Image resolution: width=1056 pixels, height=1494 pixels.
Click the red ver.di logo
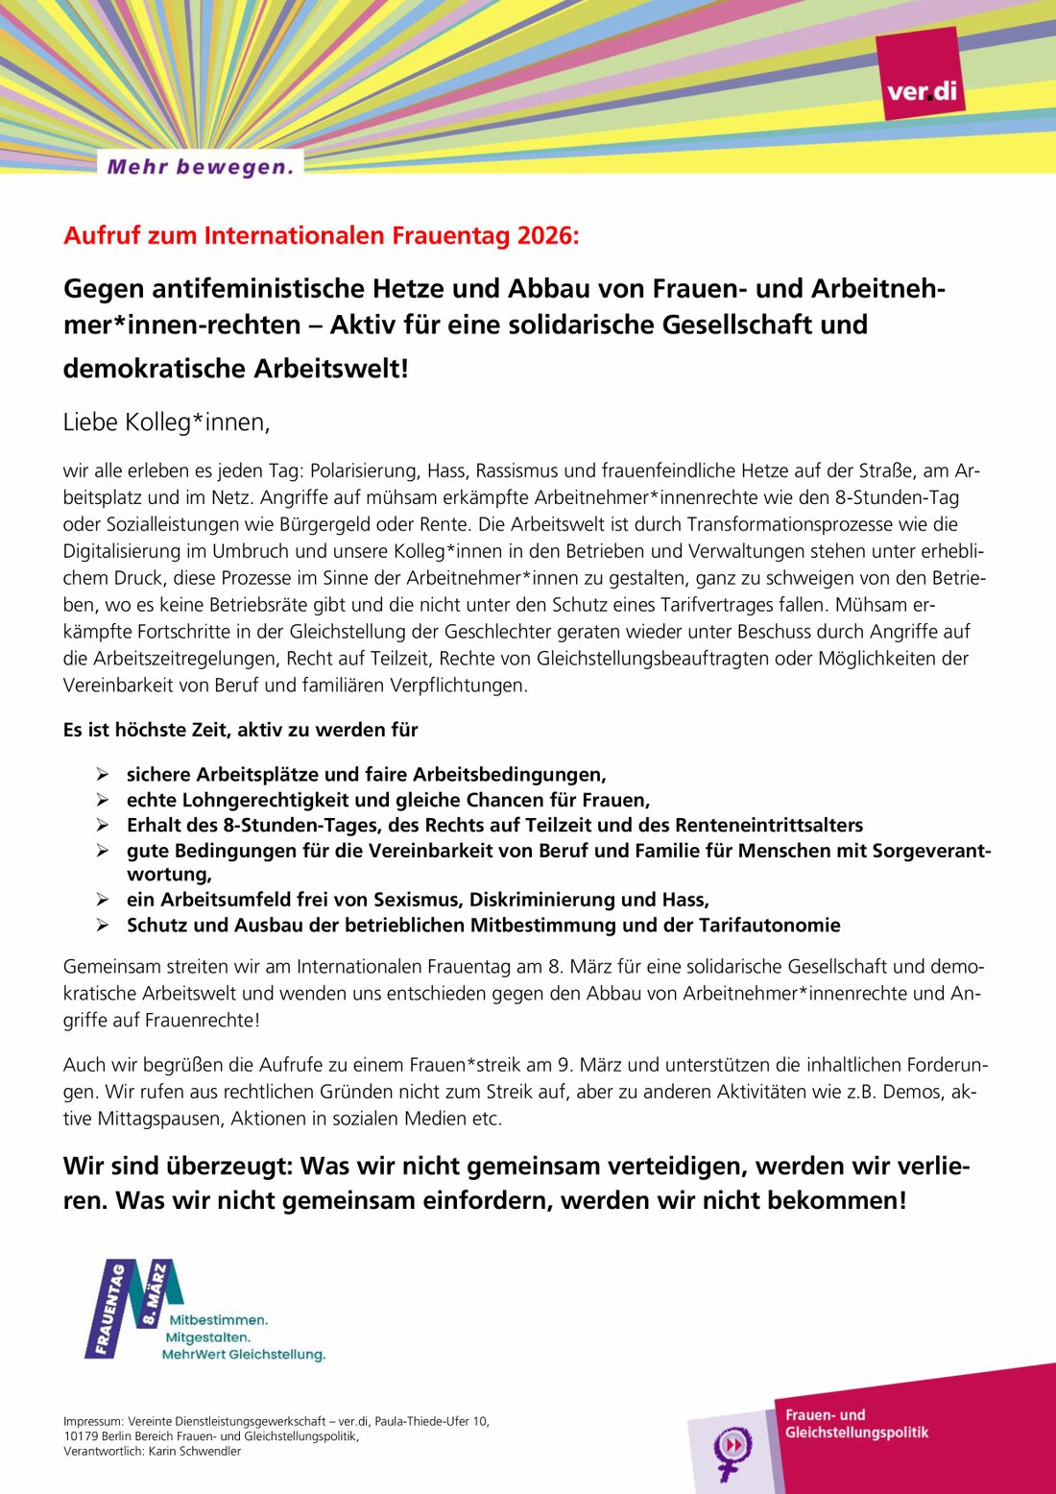[921, 75]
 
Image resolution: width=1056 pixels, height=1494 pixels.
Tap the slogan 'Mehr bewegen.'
[200, 167]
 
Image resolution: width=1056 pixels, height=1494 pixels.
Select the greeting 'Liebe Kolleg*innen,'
[166, 422]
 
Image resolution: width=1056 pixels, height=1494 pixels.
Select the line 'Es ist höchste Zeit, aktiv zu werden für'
[240, 730]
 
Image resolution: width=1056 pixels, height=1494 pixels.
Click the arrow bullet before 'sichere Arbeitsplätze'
[102, 774]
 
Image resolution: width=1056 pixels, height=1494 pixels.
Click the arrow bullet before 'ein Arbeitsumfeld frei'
[102, 900]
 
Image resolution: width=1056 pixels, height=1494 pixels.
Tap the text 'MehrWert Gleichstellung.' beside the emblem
[244, 1355]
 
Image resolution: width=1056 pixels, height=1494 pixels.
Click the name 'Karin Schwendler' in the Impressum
[194, 1451]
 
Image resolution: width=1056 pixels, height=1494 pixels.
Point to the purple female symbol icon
[732, 1450]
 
